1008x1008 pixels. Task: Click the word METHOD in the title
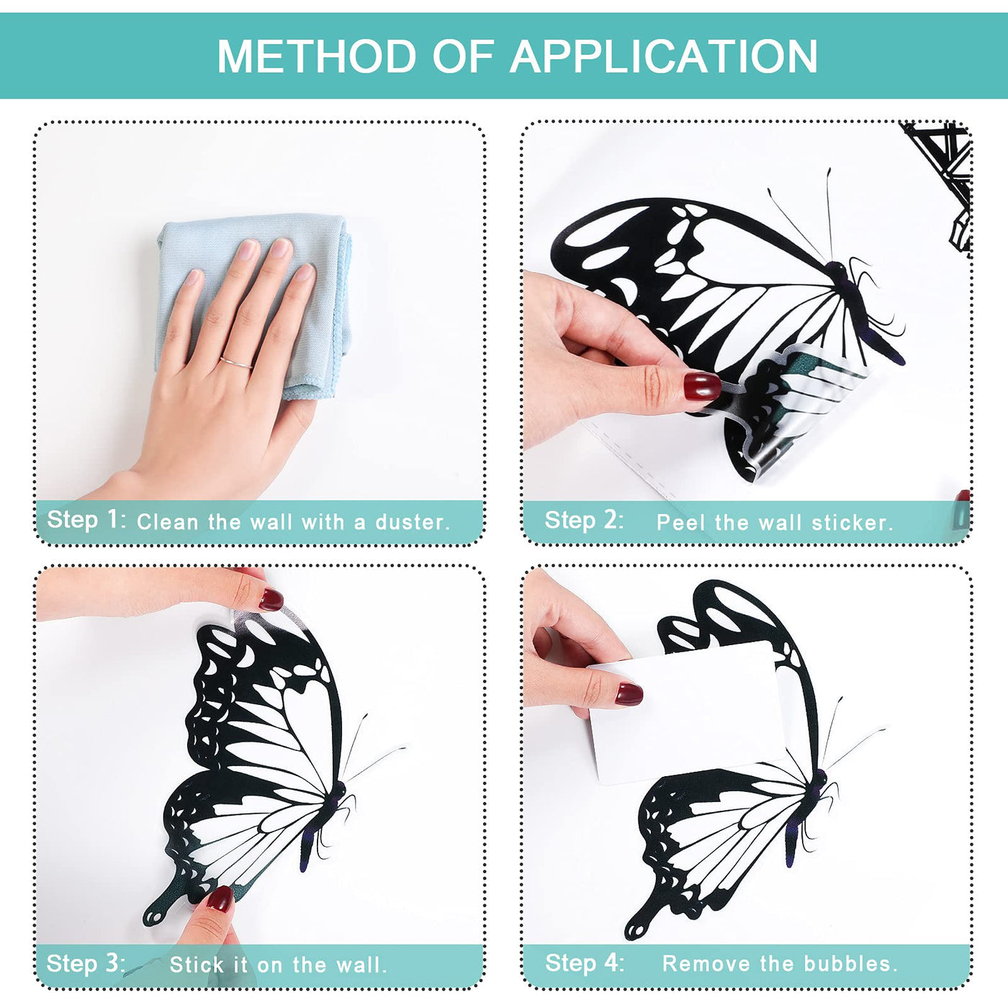click(317, 56)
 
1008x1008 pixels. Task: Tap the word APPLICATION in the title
click(663, 56)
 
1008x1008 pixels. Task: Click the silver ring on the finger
click(236, 362)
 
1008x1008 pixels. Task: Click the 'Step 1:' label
click(86, 519)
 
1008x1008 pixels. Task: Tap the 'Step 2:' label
click(584, 520)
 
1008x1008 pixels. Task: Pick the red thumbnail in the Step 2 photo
click(702, 386)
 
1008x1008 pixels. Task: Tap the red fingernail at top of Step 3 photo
click(271, 599)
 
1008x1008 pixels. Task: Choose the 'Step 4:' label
click(585, 963)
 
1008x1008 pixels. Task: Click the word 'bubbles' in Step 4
click(858, 963)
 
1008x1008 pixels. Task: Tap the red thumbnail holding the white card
click(629, 693)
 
